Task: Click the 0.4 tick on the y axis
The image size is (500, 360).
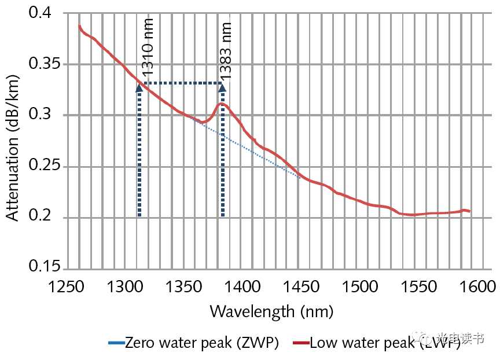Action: (x=44, y=12)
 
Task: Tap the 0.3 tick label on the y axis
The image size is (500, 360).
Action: (x=44, y=115)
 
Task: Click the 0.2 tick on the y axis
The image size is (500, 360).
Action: (x=44, y=218)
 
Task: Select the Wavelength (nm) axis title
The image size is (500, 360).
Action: (x=271, y=311)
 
